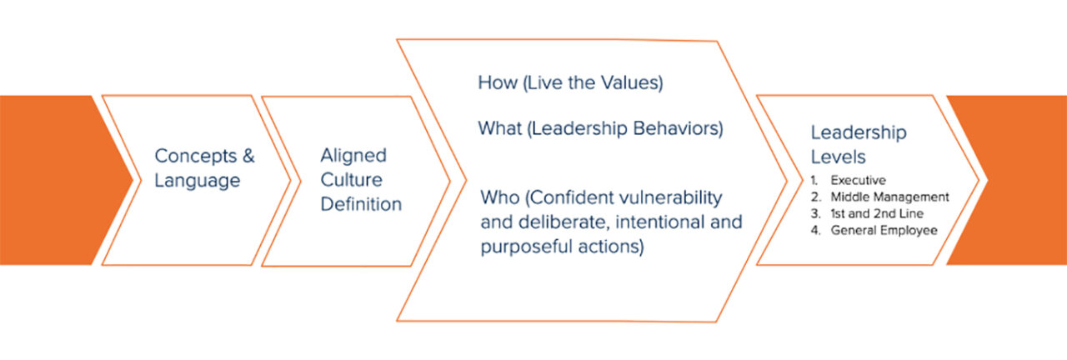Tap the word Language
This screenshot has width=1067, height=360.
coord(197,180)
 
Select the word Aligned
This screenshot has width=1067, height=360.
coord(353,156)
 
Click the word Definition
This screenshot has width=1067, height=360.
coord(361,204)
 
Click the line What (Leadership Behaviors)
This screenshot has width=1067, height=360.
coord(599,130)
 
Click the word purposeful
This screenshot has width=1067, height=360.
coord(523,248)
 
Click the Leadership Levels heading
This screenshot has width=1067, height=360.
coord(859,144)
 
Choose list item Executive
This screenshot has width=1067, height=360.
coord(858,180)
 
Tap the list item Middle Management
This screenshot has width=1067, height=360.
coord(889,197)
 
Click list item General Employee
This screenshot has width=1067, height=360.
coord(884,231)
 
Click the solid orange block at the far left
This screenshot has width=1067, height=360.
coord(50,180)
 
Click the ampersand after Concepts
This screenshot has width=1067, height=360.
coord(247,156)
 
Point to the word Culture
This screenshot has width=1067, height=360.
coord(351,180)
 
